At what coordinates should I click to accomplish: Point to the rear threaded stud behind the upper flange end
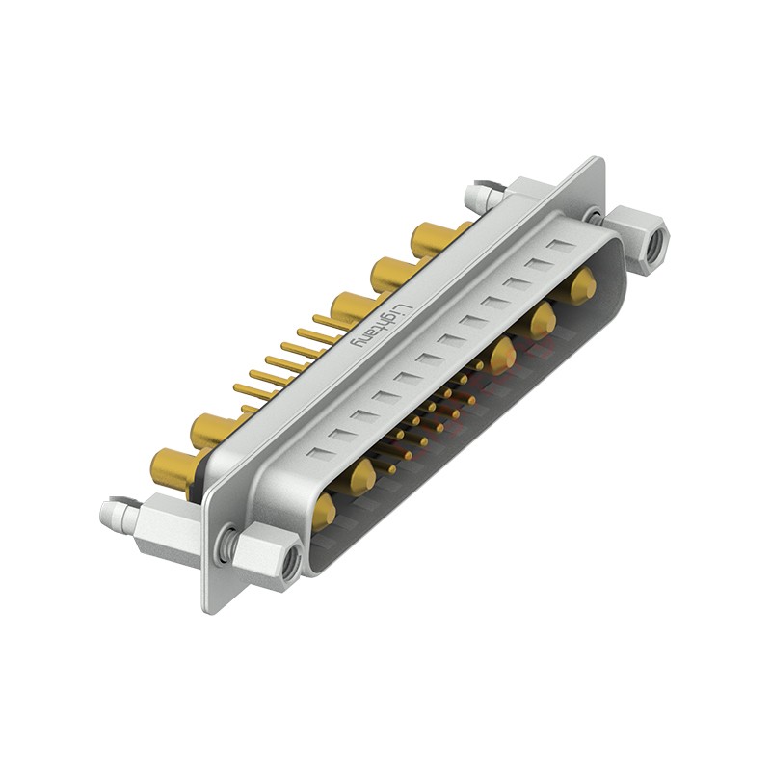(481, 198)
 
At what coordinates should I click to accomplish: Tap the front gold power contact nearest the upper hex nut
(581, 286)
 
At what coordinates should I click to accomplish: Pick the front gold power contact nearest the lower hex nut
(324, 510)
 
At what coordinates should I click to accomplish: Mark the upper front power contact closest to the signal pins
(501, 356)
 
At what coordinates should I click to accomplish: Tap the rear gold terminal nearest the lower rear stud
(173, 468)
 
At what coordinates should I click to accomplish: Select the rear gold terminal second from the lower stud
(210, 430)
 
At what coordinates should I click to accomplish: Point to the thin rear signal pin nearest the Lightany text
(328, 321)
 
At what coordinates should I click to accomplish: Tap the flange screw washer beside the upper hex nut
(595, 216)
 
